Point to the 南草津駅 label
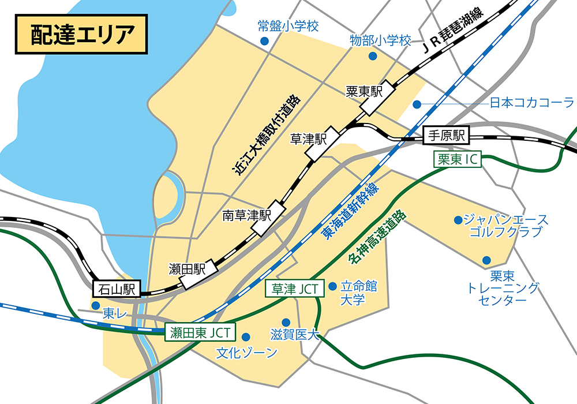click(247, 216)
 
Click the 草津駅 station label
click(308, 139)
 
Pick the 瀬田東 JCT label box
click(201, 332)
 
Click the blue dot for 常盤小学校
click(264, 40)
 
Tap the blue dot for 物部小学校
click(372, 56)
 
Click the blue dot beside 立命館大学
click(332, 286)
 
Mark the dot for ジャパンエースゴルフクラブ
click(458, 220)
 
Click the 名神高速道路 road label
click(377, 237)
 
